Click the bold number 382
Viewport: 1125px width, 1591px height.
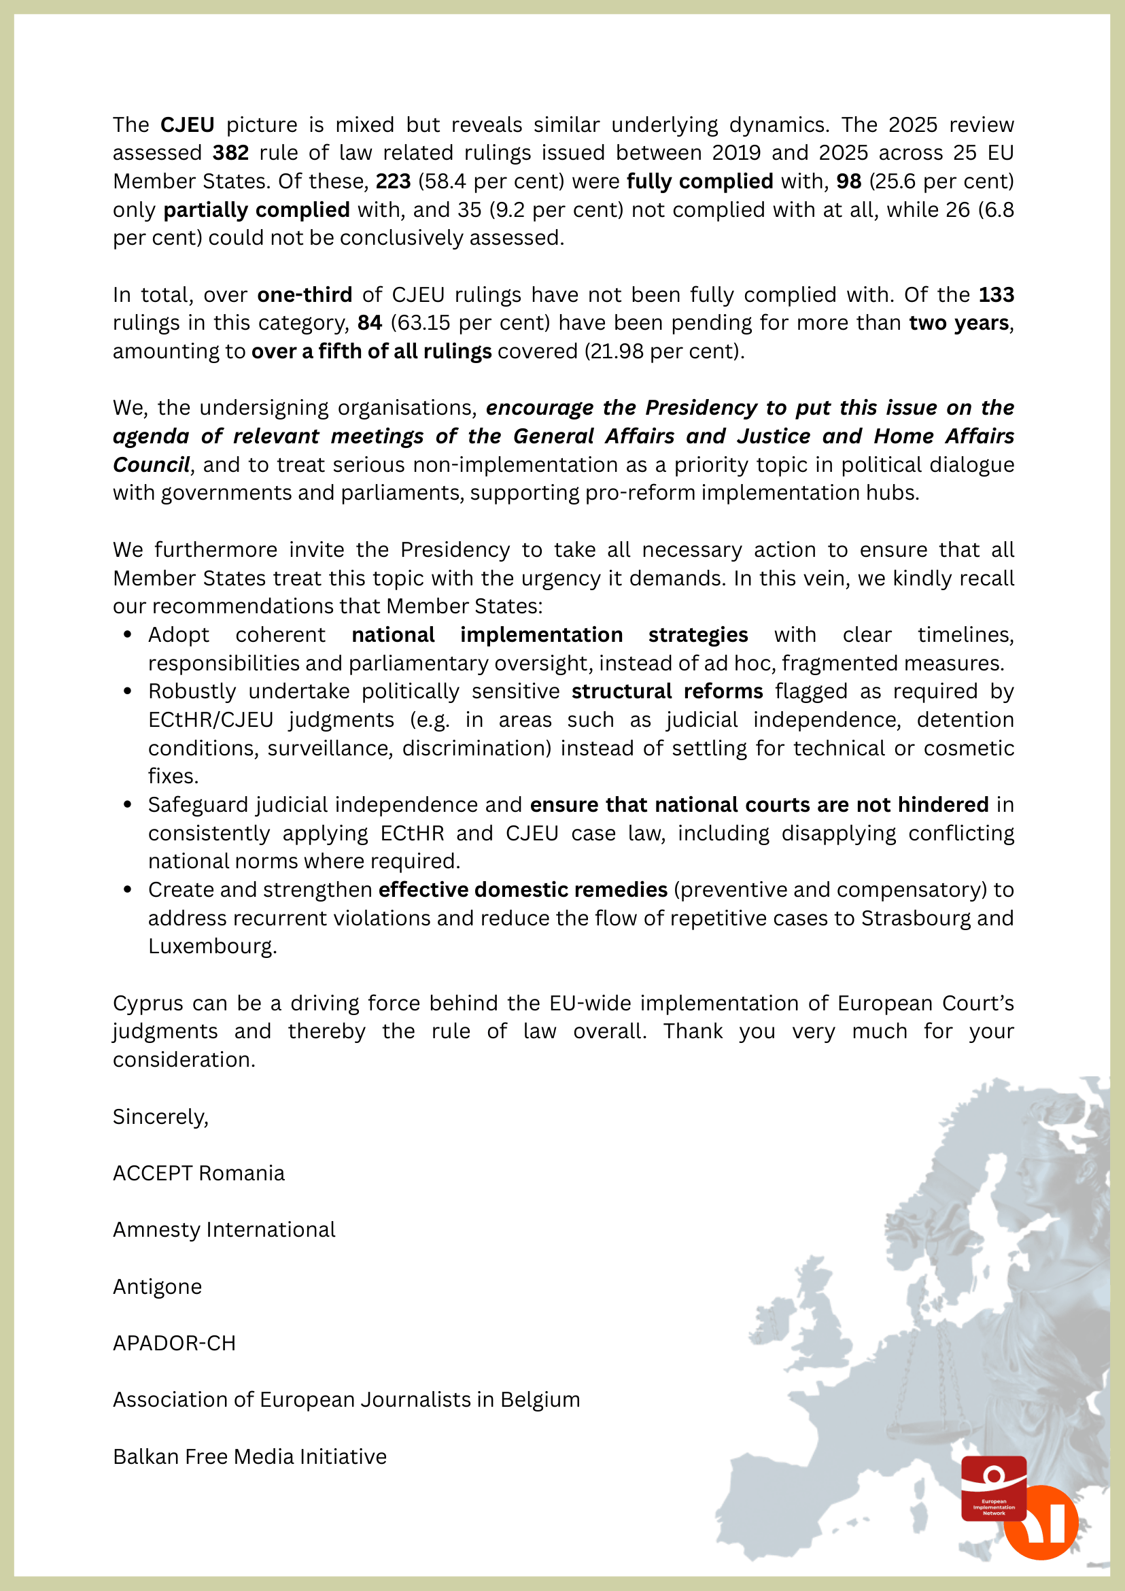click(230, 152)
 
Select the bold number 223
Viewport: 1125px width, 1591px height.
click(393, 181)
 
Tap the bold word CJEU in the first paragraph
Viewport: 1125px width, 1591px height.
click(187, 124)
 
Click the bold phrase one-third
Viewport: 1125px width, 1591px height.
click(304, 294)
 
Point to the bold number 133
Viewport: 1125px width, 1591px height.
click(995, 294)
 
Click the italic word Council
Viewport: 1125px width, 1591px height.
click(151, 464)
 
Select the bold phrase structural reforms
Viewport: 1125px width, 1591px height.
click(666, 691)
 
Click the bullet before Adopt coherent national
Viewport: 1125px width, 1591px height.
click(128, 635)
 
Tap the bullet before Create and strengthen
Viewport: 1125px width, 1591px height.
click(128, 890)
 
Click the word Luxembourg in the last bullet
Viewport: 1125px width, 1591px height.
click(211, 946)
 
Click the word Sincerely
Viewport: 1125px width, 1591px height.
click(160, 1117)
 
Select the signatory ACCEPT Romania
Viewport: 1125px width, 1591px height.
click(198, 1173)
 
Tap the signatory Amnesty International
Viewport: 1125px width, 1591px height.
click(224, 1230)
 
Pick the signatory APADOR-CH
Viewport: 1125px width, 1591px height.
click(175, 1343)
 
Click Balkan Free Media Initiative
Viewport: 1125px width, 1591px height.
click(249, 1456)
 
